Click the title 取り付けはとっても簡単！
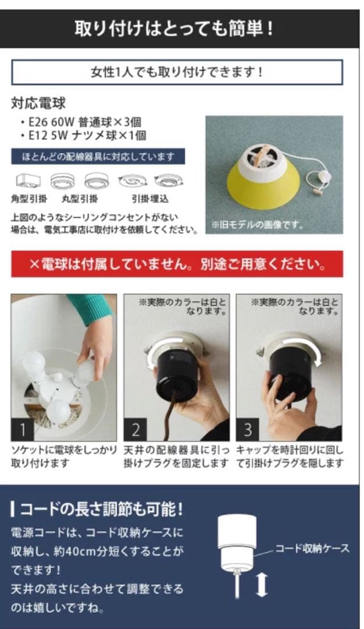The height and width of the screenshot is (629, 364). click(x=174, y=28)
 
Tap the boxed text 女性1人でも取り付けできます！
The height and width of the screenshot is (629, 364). click(x=177, y=72)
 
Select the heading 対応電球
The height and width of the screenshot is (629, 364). click(x=38, y=104)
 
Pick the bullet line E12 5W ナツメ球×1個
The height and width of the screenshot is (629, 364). click(x=83, y=136)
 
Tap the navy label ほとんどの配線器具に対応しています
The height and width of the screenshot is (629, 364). click(x=98, y=157)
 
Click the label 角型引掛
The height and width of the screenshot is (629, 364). click(x=28, y=199)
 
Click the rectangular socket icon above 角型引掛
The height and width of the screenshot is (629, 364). click(x=28, y=181)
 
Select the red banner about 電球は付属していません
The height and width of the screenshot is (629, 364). click(x=177, y=264)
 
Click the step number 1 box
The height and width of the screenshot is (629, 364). click(x=23, y=430)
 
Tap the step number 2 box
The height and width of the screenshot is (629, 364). click(x=135, y=430)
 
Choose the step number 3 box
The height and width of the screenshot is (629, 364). click(x=248, y=430)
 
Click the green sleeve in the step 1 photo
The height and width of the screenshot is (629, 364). click(x=90, y=307)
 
